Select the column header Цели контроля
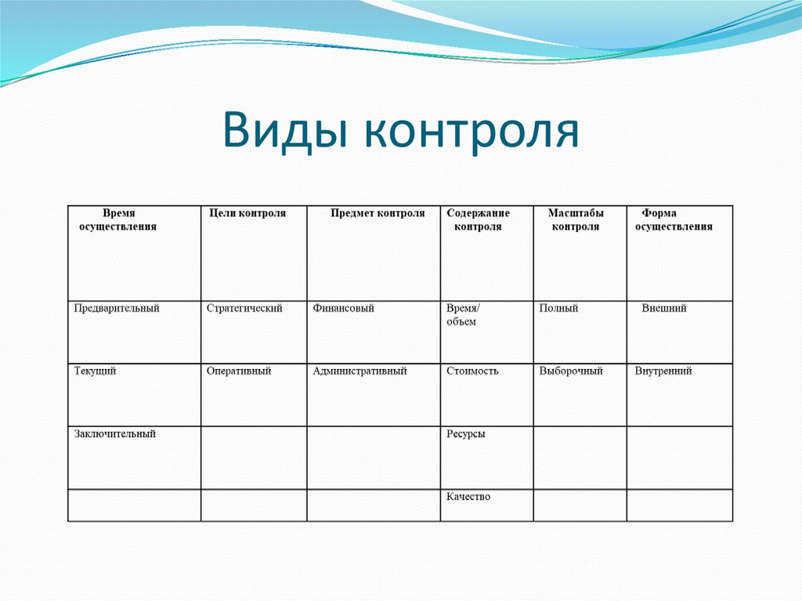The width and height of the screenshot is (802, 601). (x=247, y=213)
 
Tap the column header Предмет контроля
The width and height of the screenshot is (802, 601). (x=378, y=213)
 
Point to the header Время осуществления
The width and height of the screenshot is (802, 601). (x=117, y=220)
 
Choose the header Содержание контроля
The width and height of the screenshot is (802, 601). (x=478, y=220)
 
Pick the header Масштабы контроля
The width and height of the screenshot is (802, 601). (x=576, y=220)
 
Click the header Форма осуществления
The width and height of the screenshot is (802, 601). (x=674, y=220)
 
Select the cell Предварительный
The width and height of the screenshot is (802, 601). (x=117, y=309)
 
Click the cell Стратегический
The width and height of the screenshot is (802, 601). (x=244, y=309)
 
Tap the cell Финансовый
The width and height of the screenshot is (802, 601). (x=343, y=309)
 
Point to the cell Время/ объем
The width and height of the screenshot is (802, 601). (x=464, y=315)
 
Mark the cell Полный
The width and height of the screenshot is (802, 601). (x=558, y=309)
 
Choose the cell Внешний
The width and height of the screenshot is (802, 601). (x=664, y=309)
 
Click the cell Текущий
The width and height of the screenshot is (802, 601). (x=95, y=371)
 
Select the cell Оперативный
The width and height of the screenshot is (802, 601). (x=239, y=371)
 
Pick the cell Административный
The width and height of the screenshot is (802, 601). (x=359, y=371)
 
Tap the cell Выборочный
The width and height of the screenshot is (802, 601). (x=571, y=371)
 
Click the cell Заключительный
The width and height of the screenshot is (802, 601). (x=115, y=434)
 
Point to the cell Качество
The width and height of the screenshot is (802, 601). (x=468, y=497)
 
